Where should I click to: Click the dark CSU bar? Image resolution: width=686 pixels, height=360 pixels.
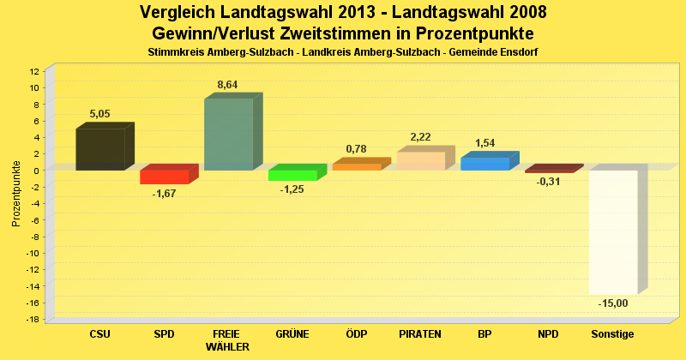point(100,149)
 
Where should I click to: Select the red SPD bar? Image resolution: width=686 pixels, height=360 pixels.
point(164,177)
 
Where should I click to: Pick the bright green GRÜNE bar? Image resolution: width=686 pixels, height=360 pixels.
point(292,175)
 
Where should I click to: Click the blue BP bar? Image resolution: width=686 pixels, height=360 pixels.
point(484,163)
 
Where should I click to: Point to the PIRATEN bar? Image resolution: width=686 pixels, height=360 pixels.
point(420,160)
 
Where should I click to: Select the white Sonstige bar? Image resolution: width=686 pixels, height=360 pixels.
point(612,231)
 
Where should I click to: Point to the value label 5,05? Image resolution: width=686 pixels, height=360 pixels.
point(100,114)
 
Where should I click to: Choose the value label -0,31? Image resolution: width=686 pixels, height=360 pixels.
point(549,182)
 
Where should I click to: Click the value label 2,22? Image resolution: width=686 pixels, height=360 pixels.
point(420,137)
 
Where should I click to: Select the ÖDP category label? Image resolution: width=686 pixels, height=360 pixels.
point(356,333)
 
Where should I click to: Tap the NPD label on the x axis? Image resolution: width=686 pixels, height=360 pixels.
point(548,333)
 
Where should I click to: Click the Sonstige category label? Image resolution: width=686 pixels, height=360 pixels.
point(612,333)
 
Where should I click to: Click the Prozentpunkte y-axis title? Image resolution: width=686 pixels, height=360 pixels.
point(16,194)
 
